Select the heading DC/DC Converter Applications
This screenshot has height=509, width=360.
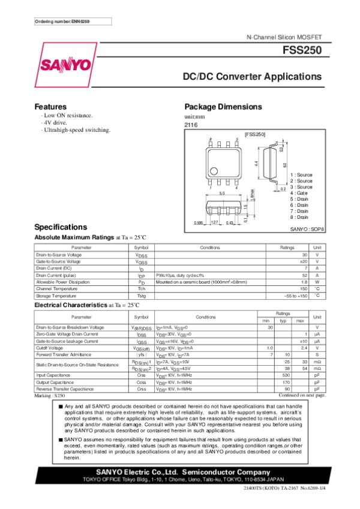coord(252,77)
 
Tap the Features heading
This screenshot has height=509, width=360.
coord(50,106)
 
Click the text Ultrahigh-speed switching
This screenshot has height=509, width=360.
coord(76,129)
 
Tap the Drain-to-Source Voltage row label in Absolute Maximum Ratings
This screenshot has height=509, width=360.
coord(59,255)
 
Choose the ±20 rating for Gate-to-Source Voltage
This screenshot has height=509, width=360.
coord(303,261)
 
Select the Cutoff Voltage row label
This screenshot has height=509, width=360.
coord(50,348)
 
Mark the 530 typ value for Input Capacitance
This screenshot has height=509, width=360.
coord(287,375)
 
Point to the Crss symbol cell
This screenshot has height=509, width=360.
coord(142,389)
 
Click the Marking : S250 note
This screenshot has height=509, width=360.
coord(50,396)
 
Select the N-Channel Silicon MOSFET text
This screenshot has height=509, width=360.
coord(284,37)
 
